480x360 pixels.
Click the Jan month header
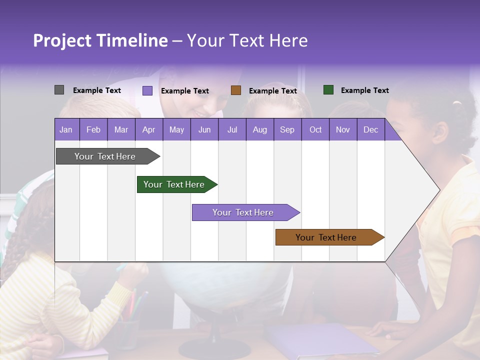pyautogui.click(x=66, y=129)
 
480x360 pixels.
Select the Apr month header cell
pyautogui.click(x=149, y=129)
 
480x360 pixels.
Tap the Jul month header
pyautogui.click(x=232, y=129)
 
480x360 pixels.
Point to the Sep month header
pyautogui.click(x=287, y=129)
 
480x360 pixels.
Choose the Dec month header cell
pyautogui.click(x=370, y=129)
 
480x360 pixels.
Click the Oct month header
pyautogui.click(x=315, y=129)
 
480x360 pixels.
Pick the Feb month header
pyautogui.click(x=93, y=129)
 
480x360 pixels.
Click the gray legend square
pyautogui.click(x=59, y=90)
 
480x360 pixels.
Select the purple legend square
pyautogui.click(x=147, y=90)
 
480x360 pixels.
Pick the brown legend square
pyautogui.click(x=236, y=90)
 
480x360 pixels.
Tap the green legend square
pyautogui.click(x=328, y=90)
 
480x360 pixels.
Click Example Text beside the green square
pyautogui.click(x=364, y=90)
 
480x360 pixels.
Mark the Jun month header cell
pyautogui.click(x=204, y=129)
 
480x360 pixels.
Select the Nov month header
pyautogui.click(x=343, y=129)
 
